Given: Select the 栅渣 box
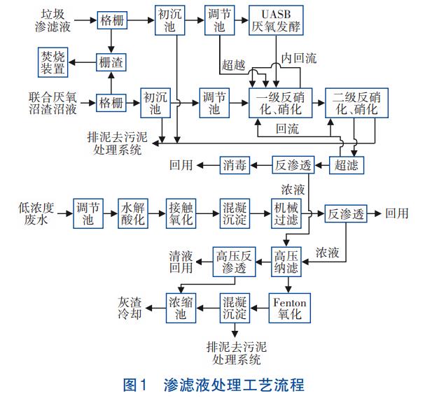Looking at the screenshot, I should coord(113,62).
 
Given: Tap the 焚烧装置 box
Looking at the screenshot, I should coord(53,62).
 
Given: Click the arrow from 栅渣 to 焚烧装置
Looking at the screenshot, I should coord(83,62).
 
